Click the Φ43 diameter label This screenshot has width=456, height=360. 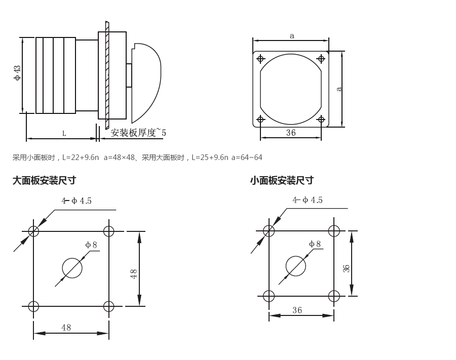click(x=17, y=73)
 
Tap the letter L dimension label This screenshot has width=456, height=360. click(x=64, y=134)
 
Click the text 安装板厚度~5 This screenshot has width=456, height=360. click(x=138, y=133)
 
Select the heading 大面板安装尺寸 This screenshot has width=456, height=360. click(x=44, y=180)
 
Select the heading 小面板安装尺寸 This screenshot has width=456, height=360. click(x=282, y=180)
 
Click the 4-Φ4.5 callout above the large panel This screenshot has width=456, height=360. click(x=77, y=201)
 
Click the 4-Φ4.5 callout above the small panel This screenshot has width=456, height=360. click(x=308, y=200)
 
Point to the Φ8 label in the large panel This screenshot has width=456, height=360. click(x=91, y=245)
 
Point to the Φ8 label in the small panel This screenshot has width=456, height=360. click(x=315, y=244)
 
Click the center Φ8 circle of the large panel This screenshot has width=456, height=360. click(x=72, y=268)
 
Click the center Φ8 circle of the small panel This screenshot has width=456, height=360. click(x=296, y=266)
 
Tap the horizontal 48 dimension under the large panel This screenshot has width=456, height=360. click(x=66, y=328)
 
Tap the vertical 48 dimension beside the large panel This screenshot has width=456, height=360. click(x=134, y=273)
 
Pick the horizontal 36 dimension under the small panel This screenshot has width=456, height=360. click(x=297, y=310)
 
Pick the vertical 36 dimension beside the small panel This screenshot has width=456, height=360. click(x=347, y=268)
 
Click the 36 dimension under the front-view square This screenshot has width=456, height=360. click(x=291, y=133)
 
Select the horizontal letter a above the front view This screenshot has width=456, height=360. click(x=292, y=36)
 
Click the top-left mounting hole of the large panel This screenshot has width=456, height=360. click(x=33, y=231)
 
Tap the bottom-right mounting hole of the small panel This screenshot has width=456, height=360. click(x=334, y=296)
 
